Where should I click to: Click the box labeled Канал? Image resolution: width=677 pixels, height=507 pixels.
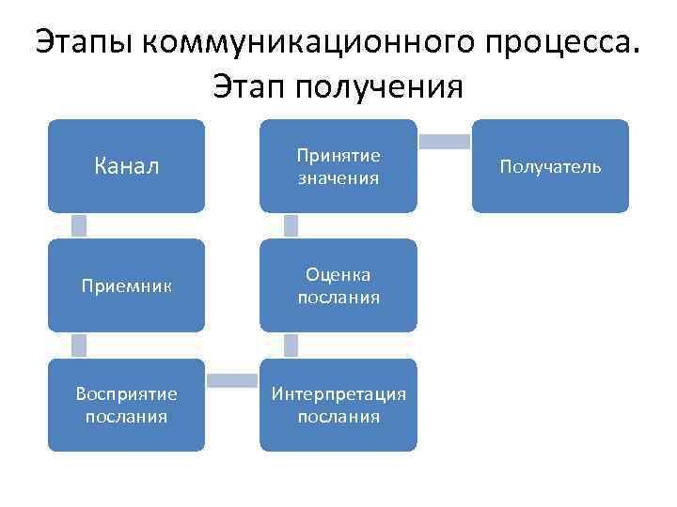(x=126, y=166)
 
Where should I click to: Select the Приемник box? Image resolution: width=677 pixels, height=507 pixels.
(x=126, y=285)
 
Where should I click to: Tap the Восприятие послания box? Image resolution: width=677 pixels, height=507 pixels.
(x=126, y=405)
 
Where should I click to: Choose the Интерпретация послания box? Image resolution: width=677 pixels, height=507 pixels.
(x=338, y=405)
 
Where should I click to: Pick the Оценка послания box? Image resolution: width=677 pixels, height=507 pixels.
(x=338, y=285)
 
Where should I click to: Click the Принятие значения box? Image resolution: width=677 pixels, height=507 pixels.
(x=338, y=166)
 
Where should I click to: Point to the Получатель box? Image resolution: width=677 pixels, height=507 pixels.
(x=550, y=166)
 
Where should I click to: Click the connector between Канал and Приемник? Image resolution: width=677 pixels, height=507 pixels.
(x=79, y=225)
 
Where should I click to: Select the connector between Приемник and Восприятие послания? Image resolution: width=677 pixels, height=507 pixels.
(x=79, y=345)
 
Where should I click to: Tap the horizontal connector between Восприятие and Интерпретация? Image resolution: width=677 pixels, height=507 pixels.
(x=232, y=380)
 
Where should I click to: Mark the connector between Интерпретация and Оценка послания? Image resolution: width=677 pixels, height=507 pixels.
(x=291, y=345)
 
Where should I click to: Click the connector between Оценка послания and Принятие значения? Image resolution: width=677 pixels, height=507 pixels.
(x=291, y=225)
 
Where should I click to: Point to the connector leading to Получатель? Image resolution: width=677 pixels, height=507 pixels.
(x=444, y=142)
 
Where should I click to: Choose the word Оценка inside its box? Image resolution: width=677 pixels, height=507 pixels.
(x=338, y=274)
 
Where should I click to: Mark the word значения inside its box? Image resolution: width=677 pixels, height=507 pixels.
(x=338, y=177)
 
